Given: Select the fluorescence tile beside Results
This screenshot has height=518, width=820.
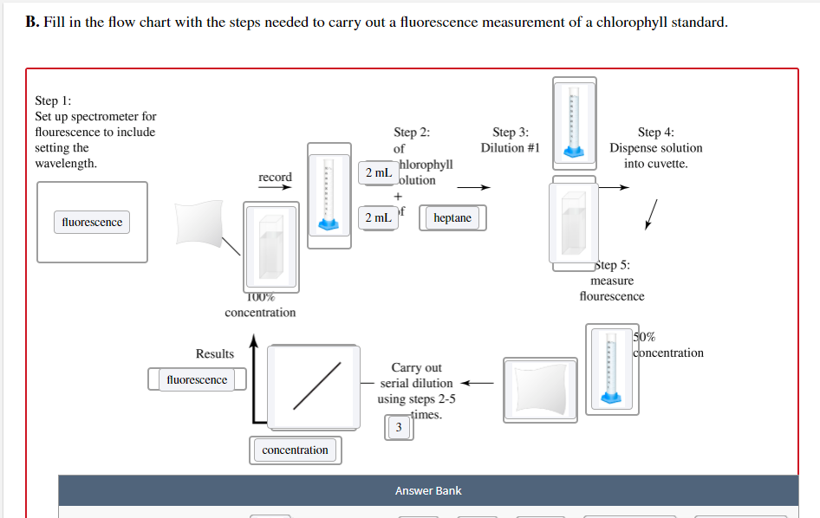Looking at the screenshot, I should [x=197, y=379].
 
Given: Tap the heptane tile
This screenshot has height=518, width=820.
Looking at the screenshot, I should [x=452, y=218].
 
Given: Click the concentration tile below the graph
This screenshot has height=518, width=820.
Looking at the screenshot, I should [x=295, y=450].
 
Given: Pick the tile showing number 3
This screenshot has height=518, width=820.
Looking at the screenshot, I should [x=399, y=428].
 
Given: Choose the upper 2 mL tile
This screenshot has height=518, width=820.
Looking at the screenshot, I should [x=379, y=172].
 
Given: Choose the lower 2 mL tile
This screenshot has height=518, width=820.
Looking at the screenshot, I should [x=379, y=217].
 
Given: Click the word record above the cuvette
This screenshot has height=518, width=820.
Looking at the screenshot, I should [x=276, y=178].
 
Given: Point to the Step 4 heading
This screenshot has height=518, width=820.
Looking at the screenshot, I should [x=655, y=133].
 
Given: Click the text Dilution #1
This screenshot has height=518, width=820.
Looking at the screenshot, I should [x=511, y=148].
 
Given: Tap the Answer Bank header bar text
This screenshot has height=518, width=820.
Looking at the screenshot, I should [x=428, y=491].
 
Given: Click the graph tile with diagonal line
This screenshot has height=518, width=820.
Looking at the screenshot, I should [x=315, y=383].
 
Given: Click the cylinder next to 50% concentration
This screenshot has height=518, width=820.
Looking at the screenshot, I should [x=612, y=368].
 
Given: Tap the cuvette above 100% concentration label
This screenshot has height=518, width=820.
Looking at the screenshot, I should [x=271, y=249].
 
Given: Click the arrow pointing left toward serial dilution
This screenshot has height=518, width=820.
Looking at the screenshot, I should [x=477, y=383].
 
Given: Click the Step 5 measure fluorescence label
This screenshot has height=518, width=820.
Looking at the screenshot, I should [x=612, y=281].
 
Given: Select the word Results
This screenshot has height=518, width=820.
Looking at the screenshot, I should [x=215, y=353].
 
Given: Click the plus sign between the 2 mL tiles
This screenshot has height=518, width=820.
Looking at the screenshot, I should [x=399, y=196].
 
